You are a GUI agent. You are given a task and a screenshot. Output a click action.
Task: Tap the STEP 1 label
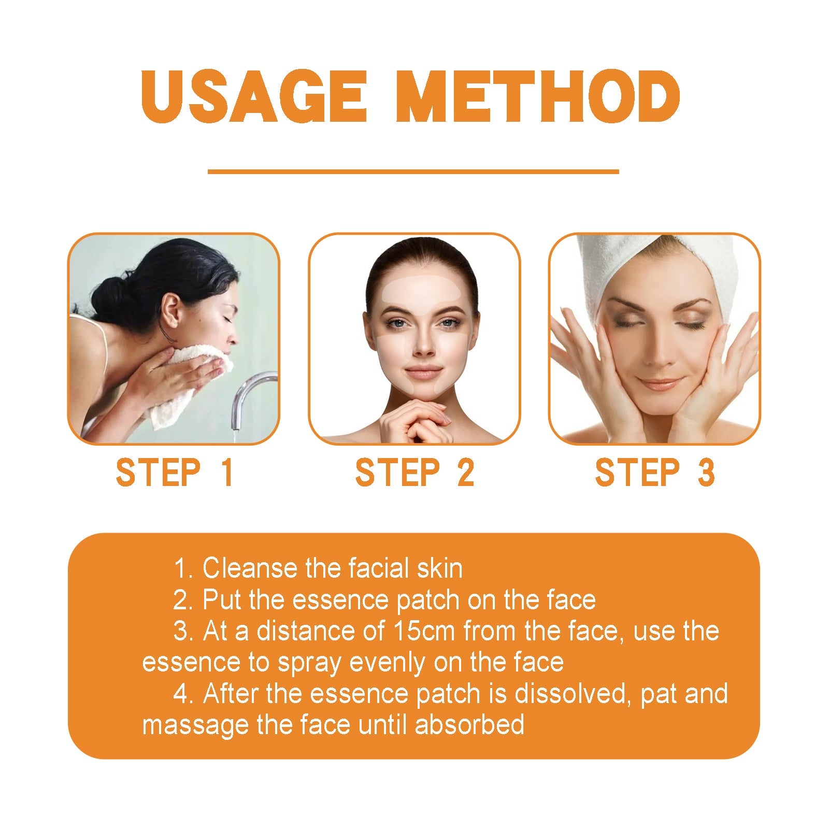pyautogui.click(x=174, y=473)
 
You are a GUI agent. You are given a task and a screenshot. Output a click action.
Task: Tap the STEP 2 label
pyautogui.click(x=414, y=473)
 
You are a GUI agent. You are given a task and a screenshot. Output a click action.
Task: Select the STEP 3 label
pyautogui.click(x=654, y=473)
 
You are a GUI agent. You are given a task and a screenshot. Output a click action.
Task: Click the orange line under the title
pyautogui.click(x=413, y=171)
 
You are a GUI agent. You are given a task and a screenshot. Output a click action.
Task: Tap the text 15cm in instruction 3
pyautogui.click(x=424, y=631)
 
